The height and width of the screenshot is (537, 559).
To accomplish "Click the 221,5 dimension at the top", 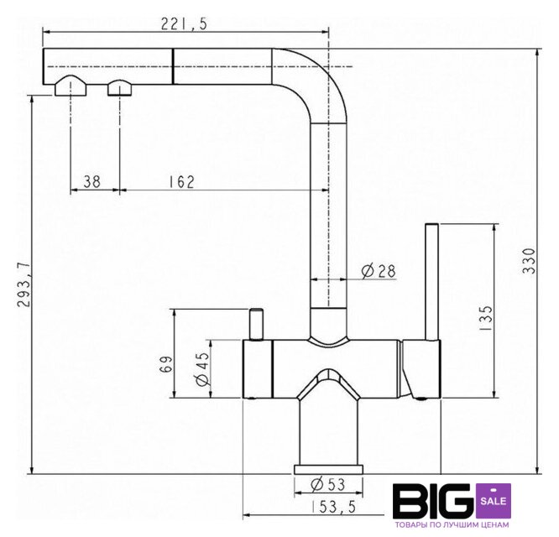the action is (x=184, y=23).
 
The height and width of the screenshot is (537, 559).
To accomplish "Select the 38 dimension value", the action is (x=92, y=182).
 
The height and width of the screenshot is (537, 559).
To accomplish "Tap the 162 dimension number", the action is (x=182, y=182).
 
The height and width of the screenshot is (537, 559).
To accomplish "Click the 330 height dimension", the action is (x=529, y=261).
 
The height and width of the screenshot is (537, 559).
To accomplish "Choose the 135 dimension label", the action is (x=486, y=318).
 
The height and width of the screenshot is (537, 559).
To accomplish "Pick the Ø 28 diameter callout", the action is (x=379, y=272).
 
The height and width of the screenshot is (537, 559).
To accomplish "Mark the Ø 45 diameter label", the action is (x=203, y=369).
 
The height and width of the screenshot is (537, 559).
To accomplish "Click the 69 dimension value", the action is (x=166, y=364).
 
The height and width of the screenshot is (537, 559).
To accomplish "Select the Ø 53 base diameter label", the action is (x=328, y=484).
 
